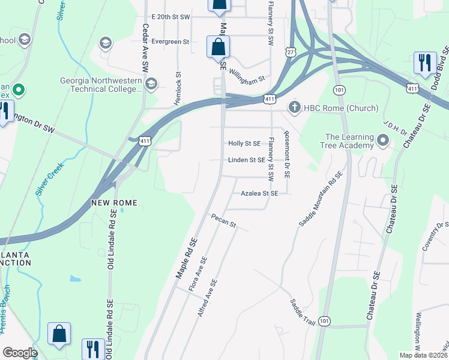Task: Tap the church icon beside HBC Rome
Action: (x=294, y=108)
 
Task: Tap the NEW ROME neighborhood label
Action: (x=115, y=203)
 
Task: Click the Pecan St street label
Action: (x=224, y=221)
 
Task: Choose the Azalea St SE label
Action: (x=259, y=194)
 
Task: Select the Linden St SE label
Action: (x=246, y=160)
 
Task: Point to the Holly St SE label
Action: (x=244, y=143)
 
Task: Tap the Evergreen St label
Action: (x=170, y=42)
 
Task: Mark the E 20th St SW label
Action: (x=170, y=17)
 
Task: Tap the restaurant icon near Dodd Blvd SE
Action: (x=424, y=64)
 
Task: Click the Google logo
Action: (x=20, y=353)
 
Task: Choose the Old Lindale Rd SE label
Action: (x=110, y=240)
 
